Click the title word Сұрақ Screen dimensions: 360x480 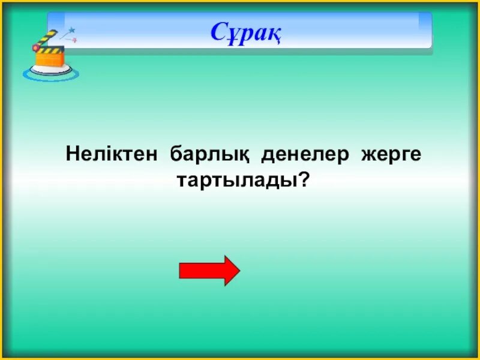(246, 32)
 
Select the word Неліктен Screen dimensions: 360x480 (112, 155)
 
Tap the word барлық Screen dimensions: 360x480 (209, 155)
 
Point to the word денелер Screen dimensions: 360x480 (304, 155)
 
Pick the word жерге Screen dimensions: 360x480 (391, 155)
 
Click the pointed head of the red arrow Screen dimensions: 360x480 (231, 271)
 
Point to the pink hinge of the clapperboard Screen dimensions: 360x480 (38, 47)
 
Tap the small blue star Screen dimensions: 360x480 (72, 29)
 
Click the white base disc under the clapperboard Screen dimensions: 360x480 (50, 70)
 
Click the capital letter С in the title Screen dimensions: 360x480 (219, 32)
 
